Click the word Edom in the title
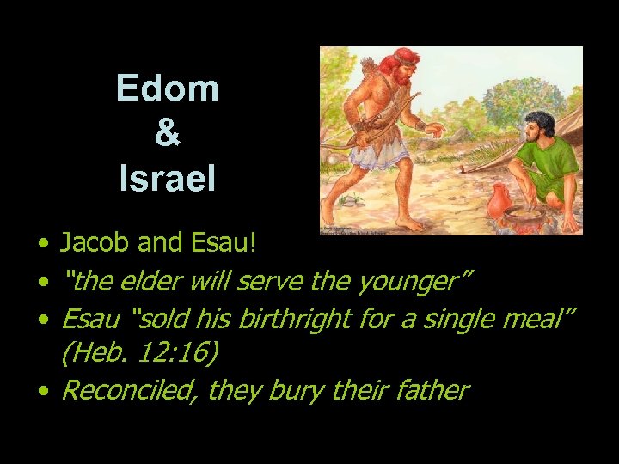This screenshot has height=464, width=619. click(x=168, y=89)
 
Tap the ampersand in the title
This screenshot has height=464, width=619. click(x=168, y=134)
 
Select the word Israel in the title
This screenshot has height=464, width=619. click(x=168, y=179)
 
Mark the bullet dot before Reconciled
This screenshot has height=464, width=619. click(x=43, y=391)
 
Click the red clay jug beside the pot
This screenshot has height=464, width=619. click(x=498, y=203)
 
